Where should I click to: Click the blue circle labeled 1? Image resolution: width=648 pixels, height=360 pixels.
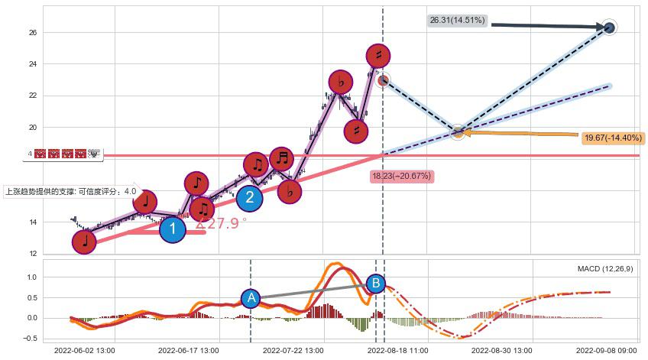[x=173, y=229]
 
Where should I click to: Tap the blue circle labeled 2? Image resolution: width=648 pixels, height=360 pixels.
[x=249, y=199]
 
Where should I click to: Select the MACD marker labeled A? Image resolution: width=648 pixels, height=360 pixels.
[x=251, y=299]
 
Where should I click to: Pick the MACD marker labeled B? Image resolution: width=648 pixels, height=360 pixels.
[x=375, y=284]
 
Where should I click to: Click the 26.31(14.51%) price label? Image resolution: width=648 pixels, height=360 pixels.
[x=457, y=21]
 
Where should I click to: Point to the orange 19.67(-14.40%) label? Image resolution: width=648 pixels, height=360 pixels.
[x=612, y=138]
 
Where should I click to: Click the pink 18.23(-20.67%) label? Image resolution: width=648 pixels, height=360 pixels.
[x=402, y=177]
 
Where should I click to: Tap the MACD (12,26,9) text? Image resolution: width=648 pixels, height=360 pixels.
[x=604, y=269]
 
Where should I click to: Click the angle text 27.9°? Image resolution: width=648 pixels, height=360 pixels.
[x=222, y=223]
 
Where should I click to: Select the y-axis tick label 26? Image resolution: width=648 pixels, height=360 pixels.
[x=33, y=33]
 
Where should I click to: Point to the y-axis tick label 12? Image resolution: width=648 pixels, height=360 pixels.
[x=33, y=254]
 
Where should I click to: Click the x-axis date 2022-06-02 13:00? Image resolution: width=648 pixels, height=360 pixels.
[x=84, y=350]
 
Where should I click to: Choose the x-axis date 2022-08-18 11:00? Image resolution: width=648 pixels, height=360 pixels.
[x=398, y=350]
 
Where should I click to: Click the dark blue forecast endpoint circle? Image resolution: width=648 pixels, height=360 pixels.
[x=609, y=28]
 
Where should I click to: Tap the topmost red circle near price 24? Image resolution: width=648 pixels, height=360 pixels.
[x=378, y=55]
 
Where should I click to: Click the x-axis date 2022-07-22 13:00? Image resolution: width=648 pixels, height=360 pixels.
[x=293, y=350]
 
